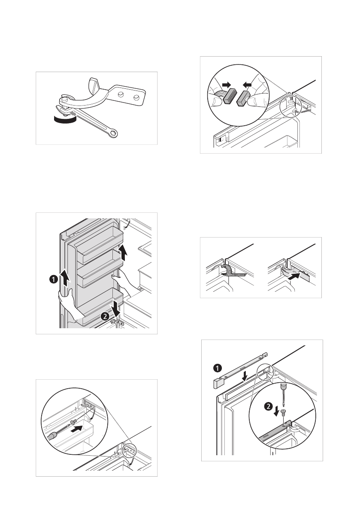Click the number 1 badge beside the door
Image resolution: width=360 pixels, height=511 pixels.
53,280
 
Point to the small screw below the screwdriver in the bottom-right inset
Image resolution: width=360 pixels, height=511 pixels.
282,412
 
